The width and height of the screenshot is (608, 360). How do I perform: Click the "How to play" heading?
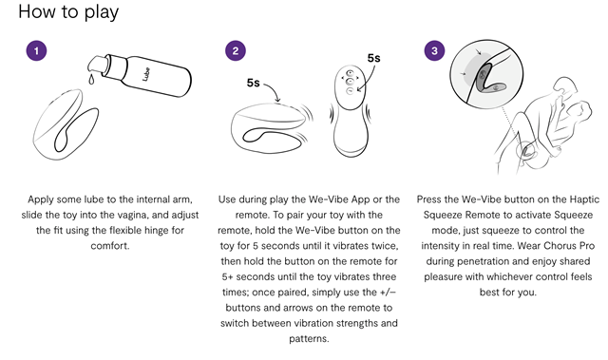coord(68,12)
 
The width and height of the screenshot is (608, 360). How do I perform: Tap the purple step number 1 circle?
coord(36,50)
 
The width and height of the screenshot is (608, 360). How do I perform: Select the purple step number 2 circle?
coord(236,50)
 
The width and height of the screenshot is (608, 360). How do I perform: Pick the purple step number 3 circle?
coord(434,50)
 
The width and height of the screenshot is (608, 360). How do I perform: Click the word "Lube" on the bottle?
coord(146,74)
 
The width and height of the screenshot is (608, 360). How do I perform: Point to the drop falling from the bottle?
coord(91,79)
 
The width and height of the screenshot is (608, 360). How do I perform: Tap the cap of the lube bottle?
coord(98,64)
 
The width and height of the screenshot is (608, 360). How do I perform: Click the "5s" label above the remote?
coord(373,58)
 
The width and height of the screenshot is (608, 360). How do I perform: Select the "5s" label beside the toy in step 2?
coord(254,83)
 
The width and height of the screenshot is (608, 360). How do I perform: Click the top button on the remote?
coord(350,73)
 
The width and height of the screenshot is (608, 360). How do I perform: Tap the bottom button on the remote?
coord(350,91)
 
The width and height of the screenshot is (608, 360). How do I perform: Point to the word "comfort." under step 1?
coord(110,246)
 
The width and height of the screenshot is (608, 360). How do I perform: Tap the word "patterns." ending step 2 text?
coord(309,339)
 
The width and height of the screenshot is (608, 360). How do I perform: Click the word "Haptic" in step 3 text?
coord(584,199)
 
